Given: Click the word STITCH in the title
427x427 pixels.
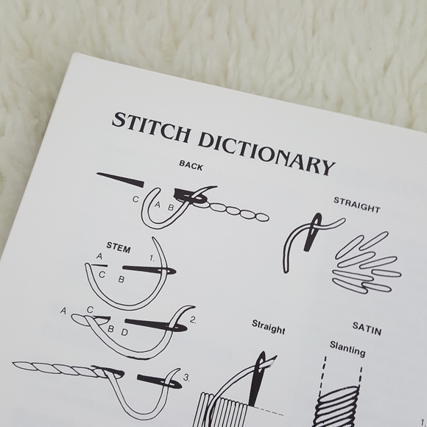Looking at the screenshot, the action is point(151,127).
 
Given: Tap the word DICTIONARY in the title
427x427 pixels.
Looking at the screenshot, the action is point(266,153).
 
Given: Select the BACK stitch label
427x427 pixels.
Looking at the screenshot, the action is point(191,166).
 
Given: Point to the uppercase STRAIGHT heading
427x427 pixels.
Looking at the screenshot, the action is point(357,205).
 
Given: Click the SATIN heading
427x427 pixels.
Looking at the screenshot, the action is point(367,328).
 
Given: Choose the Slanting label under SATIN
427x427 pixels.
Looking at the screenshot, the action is point(347,349).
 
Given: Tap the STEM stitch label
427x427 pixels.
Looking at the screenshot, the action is point(119,247).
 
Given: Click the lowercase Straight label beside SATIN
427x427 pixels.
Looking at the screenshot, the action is point(268,327).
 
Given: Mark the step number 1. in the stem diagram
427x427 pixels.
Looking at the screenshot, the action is point(152,258).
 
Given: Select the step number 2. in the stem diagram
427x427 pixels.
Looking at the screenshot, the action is point(193,320).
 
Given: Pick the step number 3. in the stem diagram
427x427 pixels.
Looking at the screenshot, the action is point(186,378).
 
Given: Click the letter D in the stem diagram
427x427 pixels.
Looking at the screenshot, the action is point(124,332).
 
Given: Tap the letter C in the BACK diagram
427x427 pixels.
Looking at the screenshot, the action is point(135,200).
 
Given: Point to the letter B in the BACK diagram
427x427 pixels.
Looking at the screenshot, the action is point(171,208).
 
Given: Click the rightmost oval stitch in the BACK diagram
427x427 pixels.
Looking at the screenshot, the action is point(261,217).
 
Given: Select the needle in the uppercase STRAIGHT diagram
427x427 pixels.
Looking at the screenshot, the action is point(313,232).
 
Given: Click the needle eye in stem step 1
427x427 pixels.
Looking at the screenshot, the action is point(169,271).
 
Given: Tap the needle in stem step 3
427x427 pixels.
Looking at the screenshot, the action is point(159,381).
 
